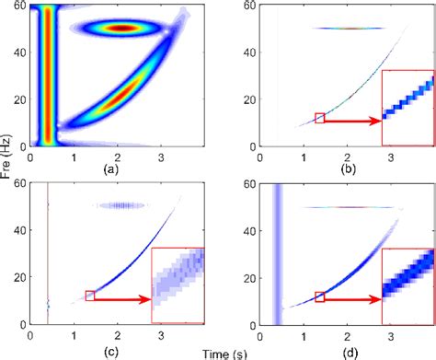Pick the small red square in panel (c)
click(x=90, y=296)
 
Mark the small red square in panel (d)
click(x=319, y=296)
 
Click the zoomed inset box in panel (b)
click(x=407, y=109)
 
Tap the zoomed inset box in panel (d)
click(x=407, y=286)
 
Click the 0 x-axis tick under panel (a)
click(x=30, y=157)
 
